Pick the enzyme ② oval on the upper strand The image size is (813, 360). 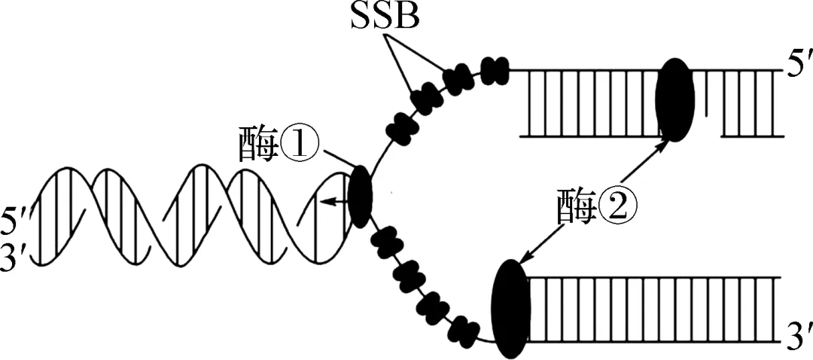[x=675, y=101]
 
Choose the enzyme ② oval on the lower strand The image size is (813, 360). [x=511, y=310]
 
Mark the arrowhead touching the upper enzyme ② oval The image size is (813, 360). [x=663, y=143]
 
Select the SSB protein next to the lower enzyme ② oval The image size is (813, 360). [x=464, y=328]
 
